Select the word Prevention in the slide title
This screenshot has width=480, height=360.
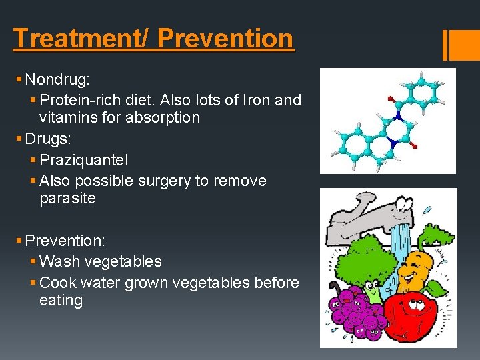[225, 38]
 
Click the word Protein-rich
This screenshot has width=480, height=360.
[85, 100]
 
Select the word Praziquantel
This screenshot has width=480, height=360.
[84, 160]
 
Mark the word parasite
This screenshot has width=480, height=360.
[67, 198]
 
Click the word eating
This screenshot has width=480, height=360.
[61, 300]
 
